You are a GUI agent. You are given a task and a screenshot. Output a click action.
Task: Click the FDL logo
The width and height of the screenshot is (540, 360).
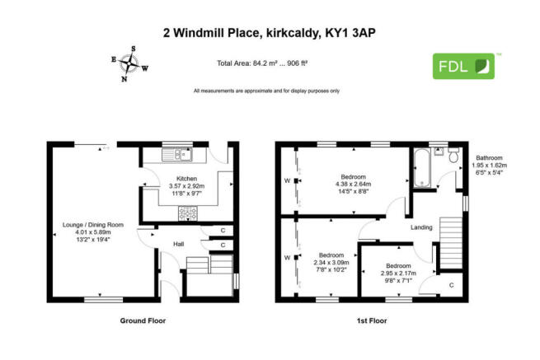[x=464, y=66]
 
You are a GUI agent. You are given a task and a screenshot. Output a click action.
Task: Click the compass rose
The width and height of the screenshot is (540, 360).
[x=129, y=65]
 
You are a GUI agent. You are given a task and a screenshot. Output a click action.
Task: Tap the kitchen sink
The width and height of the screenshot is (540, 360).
[x=176, y=154]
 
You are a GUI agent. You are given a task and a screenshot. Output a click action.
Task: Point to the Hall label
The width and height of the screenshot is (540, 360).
[x=178, y=244]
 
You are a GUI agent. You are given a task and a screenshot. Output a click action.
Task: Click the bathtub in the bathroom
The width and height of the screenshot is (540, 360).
[x=423, y=168]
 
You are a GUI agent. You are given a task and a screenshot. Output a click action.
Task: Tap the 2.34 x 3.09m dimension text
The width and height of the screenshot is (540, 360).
[x=331, y=262]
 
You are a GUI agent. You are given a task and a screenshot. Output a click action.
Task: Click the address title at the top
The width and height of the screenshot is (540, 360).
[x=270, y=34]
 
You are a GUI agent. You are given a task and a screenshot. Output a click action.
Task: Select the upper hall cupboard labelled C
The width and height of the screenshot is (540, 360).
[x=223, y=231]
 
